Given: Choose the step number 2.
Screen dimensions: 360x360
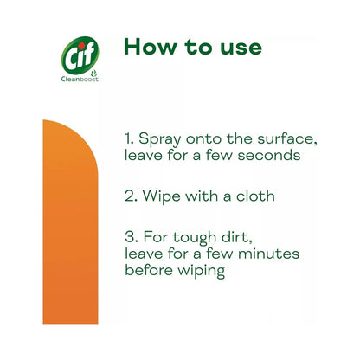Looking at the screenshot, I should (x=129, y=196).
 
